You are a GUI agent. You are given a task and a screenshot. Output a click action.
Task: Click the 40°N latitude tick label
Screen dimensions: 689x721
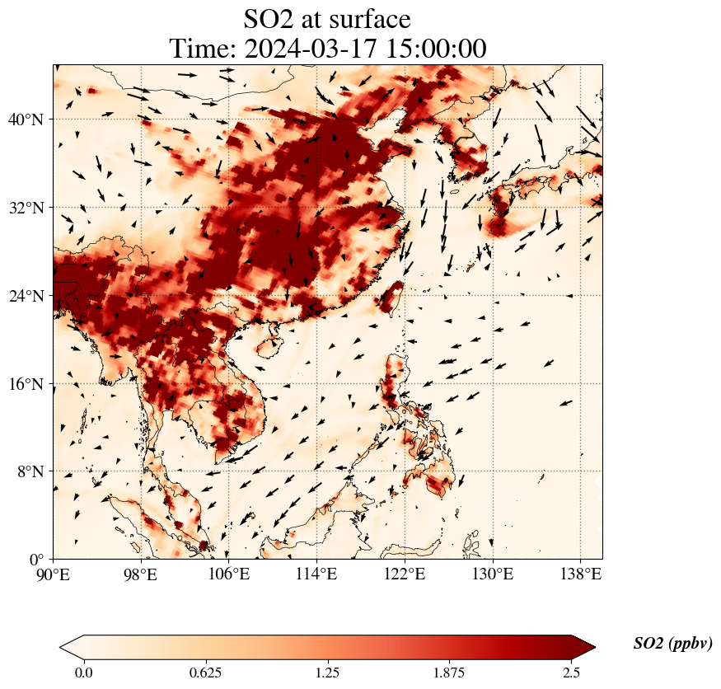pos(25,120)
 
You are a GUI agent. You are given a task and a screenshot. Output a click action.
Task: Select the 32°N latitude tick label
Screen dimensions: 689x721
pos(25,208)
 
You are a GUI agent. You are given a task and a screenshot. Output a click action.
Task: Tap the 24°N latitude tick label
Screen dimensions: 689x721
pos(25,296)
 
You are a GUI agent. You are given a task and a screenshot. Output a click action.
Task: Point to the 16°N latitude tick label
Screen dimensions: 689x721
pos(25,384)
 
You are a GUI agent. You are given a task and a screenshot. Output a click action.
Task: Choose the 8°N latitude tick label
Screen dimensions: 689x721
pos(29,471)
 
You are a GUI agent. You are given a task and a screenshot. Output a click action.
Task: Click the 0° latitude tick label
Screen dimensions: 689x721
pos(36,560)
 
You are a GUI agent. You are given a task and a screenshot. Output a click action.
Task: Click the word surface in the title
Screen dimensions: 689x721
pos(364,18)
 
